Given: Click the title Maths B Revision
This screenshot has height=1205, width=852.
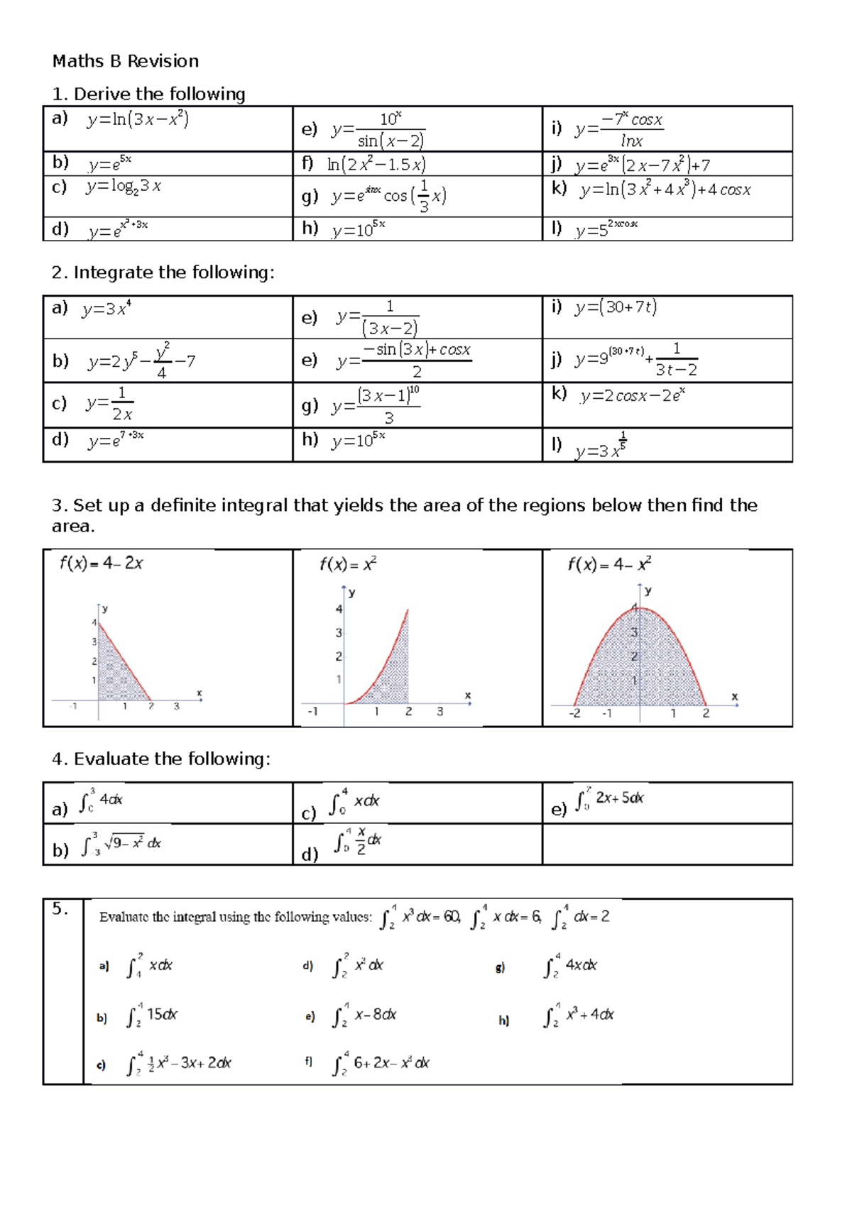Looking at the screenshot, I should (x=126, y=61).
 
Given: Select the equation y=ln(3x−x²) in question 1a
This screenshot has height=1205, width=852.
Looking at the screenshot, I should (x=138, y=119).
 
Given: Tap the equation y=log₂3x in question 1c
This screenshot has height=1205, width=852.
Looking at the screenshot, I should (x=124, y=187).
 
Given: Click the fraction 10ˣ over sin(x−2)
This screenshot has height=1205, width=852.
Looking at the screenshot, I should (x=390, y=129).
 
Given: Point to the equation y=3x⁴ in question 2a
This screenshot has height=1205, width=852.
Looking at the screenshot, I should (x=106, y=309).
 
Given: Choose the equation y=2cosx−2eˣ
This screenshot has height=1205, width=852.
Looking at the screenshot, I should (x=632, y=395).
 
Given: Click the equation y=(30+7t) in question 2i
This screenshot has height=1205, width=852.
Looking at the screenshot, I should (x=616, y=307).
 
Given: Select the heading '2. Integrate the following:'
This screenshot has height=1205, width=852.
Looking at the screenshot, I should (x=163, y=273).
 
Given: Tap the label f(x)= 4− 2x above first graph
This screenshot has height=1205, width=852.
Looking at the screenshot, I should (x=102, y=563).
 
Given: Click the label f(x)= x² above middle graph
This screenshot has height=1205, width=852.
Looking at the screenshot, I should (x=348, y=564).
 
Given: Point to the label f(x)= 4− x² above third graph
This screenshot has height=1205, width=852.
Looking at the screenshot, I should (x=609, y=564).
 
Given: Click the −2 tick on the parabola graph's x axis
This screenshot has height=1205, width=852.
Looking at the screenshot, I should (x=574, y=713).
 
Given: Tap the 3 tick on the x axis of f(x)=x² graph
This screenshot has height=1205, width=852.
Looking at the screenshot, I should (x=440, y=711).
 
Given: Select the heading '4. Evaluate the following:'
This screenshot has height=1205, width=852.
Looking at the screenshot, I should (x=160, y=759).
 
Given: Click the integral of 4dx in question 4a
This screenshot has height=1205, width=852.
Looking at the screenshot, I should (x=101, y=800).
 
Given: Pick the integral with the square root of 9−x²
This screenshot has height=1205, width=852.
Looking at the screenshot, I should (x=121, y=844).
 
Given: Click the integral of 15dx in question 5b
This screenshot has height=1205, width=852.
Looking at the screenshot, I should (x=152, y=1016).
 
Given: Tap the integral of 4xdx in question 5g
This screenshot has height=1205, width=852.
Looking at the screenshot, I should (x=571, y=966).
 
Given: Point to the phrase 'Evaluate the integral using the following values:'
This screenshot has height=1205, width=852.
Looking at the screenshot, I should (x=235, y=917).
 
